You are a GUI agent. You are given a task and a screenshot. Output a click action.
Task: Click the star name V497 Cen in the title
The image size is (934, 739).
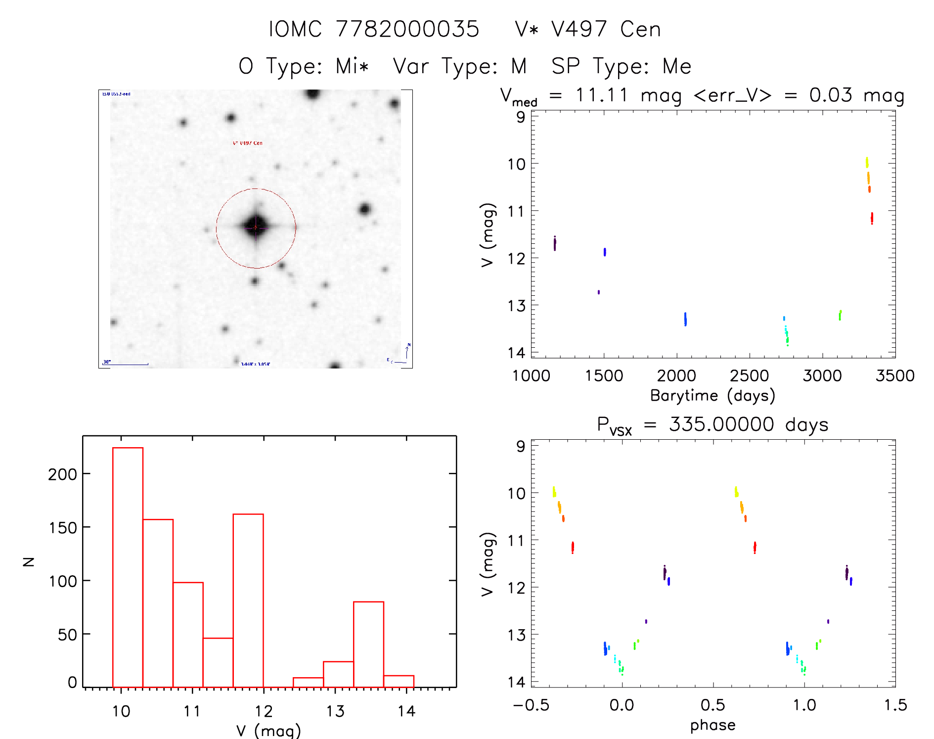[x=587, y=29]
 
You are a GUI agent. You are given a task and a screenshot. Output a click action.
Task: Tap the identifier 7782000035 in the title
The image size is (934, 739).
[x=407, y=29]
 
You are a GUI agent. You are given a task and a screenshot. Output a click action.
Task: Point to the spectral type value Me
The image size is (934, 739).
[x=677, y=66]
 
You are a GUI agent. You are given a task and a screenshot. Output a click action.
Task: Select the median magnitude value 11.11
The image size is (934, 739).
[x=601, y=95]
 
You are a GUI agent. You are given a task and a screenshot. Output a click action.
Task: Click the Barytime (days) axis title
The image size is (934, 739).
[x=712, y=396]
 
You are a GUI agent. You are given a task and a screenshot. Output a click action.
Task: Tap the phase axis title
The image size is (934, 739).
[x=712, y=725]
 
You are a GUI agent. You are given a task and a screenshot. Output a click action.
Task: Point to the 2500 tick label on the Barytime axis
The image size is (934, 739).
[x=749, y=376]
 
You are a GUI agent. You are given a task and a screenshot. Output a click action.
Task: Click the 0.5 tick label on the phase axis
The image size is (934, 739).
[x=712, y=705]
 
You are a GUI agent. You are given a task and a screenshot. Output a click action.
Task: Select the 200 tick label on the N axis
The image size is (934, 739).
[x=63, y=474]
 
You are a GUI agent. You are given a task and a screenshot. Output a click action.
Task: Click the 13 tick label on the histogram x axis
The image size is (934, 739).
[x=335, y=711]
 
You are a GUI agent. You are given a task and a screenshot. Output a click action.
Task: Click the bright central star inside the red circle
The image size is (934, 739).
[x=256, y=227]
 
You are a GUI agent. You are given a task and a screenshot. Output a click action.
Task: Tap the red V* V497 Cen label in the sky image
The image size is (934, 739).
[x=248, y=143]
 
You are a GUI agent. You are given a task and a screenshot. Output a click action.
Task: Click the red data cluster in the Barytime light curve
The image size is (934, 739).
[x=872, y=218]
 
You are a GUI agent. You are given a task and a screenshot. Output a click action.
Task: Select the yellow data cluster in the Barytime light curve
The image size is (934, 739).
[x=867, y=162]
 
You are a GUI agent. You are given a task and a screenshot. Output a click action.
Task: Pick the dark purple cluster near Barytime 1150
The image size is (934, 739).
[x=555, y=243]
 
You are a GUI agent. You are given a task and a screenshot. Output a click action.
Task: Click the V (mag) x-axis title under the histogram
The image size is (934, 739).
[x=268, y=731]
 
